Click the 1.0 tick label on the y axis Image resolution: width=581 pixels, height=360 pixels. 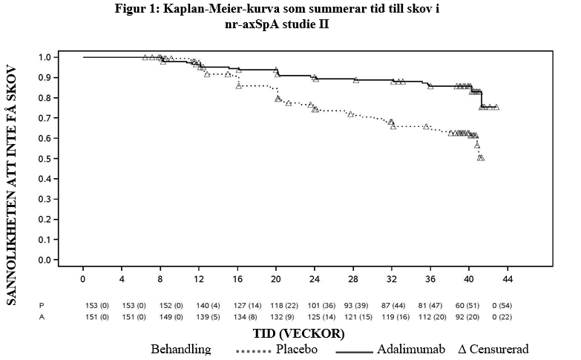coord(46,57)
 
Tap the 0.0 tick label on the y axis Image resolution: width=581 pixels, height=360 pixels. coord(46,261)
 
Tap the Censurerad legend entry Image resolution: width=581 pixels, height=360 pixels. coord(494,349)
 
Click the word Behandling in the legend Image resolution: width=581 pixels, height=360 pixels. coord(180,349)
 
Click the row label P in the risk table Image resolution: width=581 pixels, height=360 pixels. coord(42,305)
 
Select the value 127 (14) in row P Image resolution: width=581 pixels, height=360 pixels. coord(238,305)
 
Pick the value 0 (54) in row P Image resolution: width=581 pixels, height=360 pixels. coord(508,305)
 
